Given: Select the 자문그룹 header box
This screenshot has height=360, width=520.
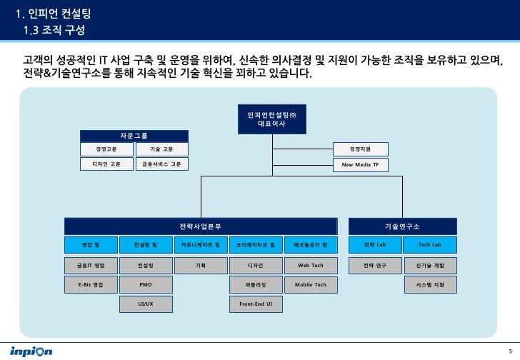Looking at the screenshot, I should coord(134,136).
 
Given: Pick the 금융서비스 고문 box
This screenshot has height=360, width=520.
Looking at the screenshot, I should coord(161,164).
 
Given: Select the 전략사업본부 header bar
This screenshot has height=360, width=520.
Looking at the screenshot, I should coord(200,226).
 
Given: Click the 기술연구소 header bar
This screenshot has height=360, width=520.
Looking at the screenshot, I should coord(401,226).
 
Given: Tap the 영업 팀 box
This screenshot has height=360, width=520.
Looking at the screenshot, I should coord(91,245).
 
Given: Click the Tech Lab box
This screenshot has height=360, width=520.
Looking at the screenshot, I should coord(429,245).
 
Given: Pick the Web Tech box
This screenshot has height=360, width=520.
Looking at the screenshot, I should coord(311,265).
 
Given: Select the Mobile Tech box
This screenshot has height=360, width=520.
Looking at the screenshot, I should coord(311,285).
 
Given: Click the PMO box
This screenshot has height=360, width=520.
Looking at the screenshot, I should coord(146,285).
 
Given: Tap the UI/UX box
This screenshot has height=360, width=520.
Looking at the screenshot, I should coord(146,304).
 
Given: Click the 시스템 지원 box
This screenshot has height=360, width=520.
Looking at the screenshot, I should coord(429,285).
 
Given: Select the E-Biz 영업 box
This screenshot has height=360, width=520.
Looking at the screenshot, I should coord(91,285).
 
